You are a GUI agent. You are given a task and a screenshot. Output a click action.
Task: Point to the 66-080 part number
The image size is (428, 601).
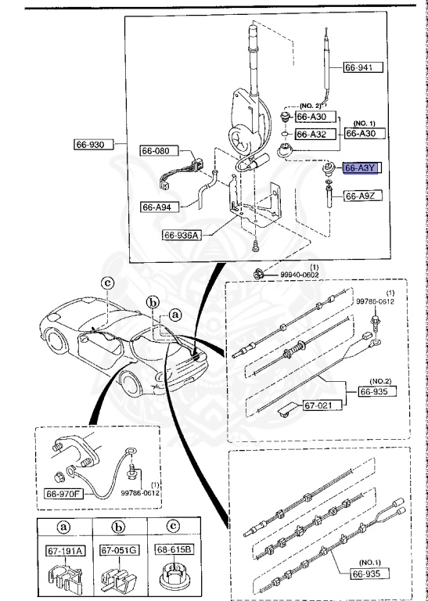click(x=160, y=151)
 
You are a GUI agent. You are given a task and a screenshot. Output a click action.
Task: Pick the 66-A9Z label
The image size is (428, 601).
click(x=363, y=195)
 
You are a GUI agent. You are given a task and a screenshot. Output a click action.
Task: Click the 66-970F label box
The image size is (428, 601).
click(x=65, y=494)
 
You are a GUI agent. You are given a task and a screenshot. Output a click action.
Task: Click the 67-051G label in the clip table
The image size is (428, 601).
click(x=119, y=551)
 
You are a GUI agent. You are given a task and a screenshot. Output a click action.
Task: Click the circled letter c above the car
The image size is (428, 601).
click(x=108, y=283)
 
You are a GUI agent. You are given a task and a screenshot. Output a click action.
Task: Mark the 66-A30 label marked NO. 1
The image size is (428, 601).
click(x=363, y=134)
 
